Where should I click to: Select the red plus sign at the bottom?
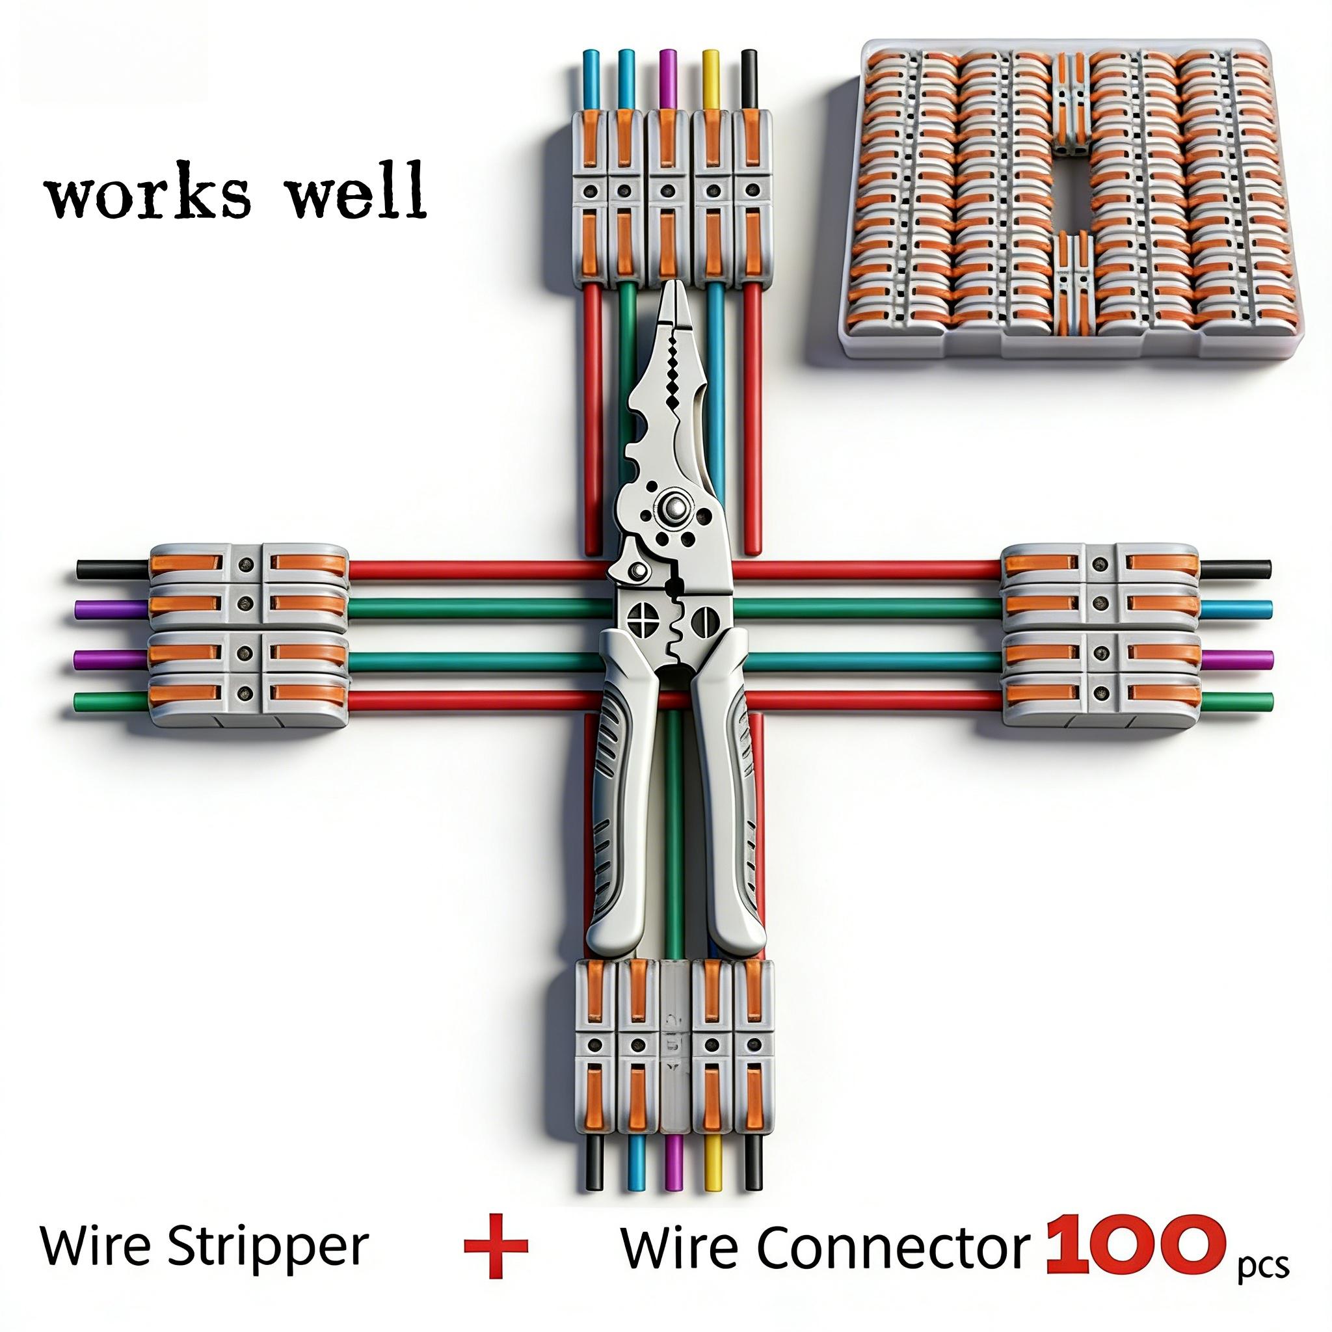496,1245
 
